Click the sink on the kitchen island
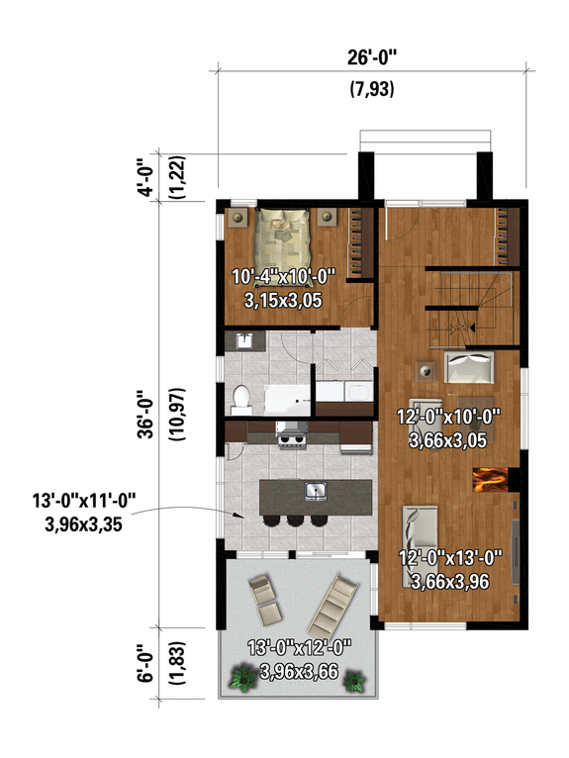tap(316, 490)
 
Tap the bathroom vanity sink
tap(243, 340)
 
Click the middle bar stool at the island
tap(295, 520)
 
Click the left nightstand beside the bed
tap(238, 219)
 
